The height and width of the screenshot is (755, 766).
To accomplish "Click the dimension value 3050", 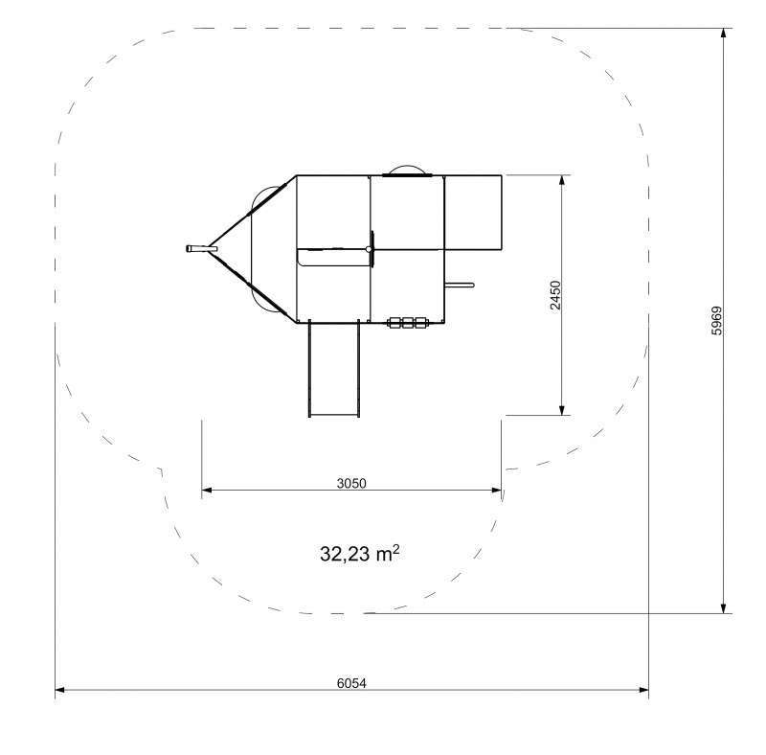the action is (x=351, y=483).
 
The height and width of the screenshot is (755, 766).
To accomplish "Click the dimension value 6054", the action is (x=351, y=683).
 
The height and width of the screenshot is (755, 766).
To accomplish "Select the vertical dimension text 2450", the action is (x=555, y=295).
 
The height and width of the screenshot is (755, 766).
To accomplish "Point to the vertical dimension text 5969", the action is (x=716, y=320).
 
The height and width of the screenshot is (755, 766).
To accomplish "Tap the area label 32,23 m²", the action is (x=360, y=554).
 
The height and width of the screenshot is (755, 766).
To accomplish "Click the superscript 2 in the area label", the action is (x=396, y=549).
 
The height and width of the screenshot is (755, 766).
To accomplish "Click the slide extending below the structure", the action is (x=334, y=369).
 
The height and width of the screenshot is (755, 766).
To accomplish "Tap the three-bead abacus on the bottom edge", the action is (x=408, y=322).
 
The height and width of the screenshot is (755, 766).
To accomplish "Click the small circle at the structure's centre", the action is (x=370, y=249).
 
